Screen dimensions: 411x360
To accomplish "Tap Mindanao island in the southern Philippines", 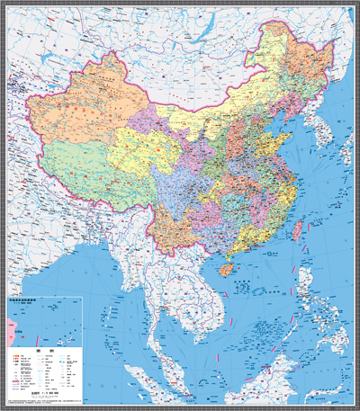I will click(328, 347).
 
